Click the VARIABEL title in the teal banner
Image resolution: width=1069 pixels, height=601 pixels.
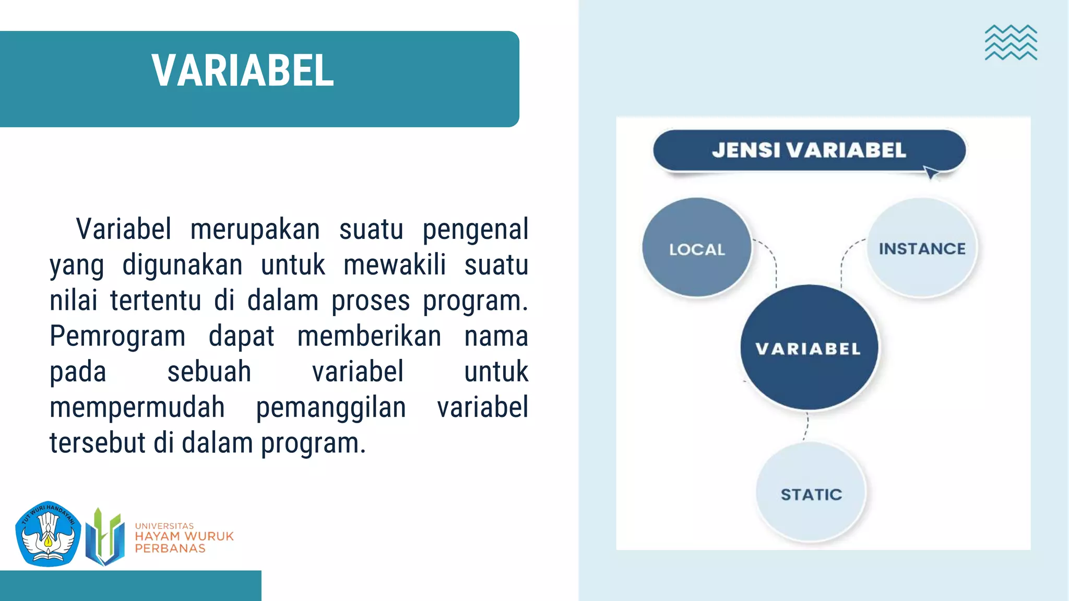(243, 70)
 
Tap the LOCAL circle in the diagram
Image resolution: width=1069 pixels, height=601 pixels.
(697, 248)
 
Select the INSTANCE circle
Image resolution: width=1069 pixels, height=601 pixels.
(922, 248)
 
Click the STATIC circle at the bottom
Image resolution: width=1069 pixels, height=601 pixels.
(811, 493)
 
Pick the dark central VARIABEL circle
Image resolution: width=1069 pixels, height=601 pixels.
(809, 348)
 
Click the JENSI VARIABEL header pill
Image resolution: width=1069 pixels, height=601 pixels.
(809, 150)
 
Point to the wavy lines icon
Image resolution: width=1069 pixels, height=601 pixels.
(1011, 43)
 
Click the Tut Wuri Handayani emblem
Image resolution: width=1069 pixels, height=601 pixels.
(48, 534)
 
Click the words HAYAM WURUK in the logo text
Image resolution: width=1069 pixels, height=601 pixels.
(184, 536)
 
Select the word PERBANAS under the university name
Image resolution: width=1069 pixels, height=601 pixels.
(170, 549)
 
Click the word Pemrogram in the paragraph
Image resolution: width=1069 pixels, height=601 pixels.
(117, 336)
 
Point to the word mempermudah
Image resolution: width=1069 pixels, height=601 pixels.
(137, 407)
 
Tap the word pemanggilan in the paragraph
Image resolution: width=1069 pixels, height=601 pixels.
(331, 407)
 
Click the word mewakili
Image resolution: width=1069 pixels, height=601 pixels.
(395, 265)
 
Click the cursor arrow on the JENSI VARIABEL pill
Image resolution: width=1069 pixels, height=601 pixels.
(931, 172)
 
